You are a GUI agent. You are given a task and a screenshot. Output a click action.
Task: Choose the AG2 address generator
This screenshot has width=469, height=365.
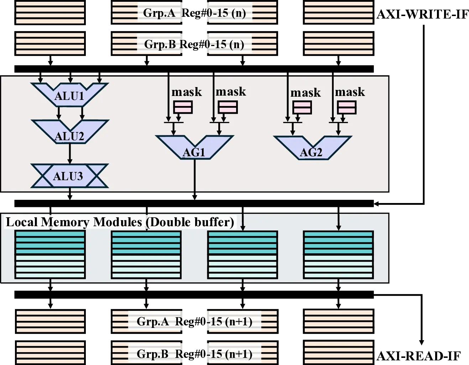click(x=312, y=150)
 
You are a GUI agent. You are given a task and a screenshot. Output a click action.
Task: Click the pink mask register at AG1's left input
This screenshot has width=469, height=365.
click(x=183, y=107)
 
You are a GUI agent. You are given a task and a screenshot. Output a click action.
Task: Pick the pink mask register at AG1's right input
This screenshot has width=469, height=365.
click(x=228, y=107)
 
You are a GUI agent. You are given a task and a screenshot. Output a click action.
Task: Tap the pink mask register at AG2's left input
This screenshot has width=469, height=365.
click(x=302, y=107)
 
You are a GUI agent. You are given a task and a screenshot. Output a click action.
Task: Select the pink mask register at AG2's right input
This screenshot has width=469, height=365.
click(x=346, y=107)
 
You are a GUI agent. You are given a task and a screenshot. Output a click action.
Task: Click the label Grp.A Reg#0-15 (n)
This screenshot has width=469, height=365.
click(x=194, y=13)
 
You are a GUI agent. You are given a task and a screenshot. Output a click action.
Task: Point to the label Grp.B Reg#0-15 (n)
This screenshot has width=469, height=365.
click(x=194, y=44)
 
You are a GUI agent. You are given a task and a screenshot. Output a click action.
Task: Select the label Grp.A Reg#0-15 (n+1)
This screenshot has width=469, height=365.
click(x=194, y=321)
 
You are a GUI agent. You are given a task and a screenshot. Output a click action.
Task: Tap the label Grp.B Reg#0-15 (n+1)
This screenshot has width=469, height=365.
click(x=194, y=354)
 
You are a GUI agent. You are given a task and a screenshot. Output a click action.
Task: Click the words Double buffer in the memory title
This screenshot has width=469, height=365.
click(x=192, y=222)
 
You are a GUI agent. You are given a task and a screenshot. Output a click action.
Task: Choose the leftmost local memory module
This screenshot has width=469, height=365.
click(x=50, y=255)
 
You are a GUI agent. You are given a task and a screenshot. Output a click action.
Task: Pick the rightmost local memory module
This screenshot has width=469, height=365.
click(x=338, y=255)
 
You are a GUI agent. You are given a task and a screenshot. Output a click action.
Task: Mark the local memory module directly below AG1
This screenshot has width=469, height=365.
click(x=146, y=255)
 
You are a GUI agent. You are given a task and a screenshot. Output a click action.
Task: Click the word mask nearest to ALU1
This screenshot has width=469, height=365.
click(x=187, y=92)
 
